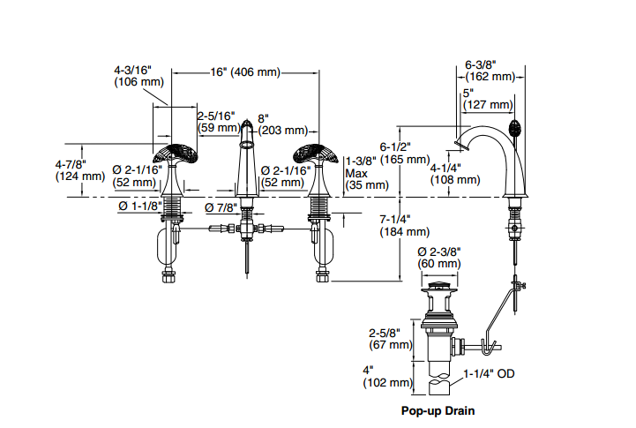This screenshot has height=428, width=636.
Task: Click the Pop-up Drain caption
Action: click(x=438, y=411)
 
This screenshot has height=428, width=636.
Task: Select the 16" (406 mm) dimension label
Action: click(x=246, y=72)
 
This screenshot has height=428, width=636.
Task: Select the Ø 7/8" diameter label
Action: click(x=221, y=207)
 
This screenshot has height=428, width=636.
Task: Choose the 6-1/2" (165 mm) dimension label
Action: click(x=403, y=153)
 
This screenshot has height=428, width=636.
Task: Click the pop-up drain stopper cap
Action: click(x=438, y=286)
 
